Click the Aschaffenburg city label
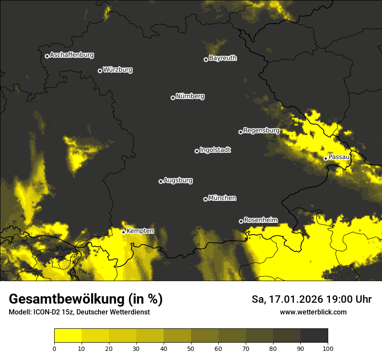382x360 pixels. [x=72, y=55]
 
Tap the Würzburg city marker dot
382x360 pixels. [x=100, y=71]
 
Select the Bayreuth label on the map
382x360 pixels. [x=223, y=58]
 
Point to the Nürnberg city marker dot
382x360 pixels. [x=173, y=98]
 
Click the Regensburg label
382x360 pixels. [x=261, y=130]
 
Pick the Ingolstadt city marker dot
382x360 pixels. [x=197, y=151]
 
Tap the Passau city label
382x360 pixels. [x=339, y=157]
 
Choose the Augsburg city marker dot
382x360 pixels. [x=161, y=181]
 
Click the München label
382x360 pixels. [x=222, y=198]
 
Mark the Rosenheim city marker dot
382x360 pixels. [x=241, y=221]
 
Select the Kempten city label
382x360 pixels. [x=140, y=231]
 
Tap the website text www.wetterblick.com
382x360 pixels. [x=313, y=312]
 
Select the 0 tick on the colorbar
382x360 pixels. [x=54, y=348]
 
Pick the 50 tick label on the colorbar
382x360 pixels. [x=191, y=348]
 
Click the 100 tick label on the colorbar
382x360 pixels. [x=328, y=348]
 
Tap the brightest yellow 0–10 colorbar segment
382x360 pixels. [x=68, y=335]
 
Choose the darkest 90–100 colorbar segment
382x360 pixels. [x=314, y=335]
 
